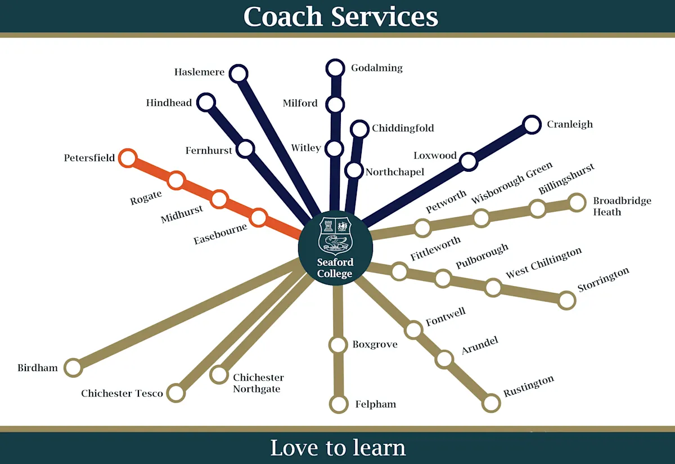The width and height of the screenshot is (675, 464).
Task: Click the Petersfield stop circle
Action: pos(128,158)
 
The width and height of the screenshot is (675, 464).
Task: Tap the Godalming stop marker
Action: pos(335,68)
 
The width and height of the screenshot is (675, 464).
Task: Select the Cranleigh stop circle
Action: pos(532,124)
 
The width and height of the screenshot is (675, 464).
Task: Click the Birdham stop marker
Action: pos(73,368)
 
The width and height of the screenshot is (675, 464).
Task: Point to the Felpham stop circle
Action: pos(339,404)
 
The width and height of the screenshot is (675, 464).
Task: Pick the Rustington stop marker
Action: pos(491,403)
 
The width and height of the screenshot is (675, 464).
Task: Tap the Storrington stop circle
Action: pos(567,300)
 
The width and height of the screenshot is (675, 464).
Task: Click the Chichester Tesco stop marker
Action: pos(176,392)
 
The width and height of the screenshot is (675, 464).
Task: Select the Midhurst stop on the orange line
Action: pos(219,199)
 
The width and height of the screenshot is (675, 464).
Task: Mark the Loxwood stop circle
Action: pos(468,162)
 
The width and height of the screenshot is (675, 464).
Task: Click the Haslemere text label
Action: pos(199,72)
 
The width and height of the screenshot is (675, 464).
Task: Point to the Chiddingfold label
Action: pos(403,128)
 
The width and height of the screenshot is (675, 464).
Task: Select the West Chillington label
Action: pos(543,263)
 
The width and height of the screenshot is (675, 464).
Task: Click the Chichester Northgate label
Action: pos(258,383)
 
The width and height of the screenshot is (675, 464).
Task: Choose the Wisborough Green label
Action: pos(512,182)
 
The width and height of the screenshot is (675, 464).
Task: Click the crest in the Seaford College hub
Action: pos(335,235)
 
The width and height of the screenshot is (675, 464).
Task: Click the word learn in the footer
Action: pos(378,448)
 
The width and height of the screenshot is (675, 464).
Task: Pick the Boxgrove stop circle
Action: pos(338,344)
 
